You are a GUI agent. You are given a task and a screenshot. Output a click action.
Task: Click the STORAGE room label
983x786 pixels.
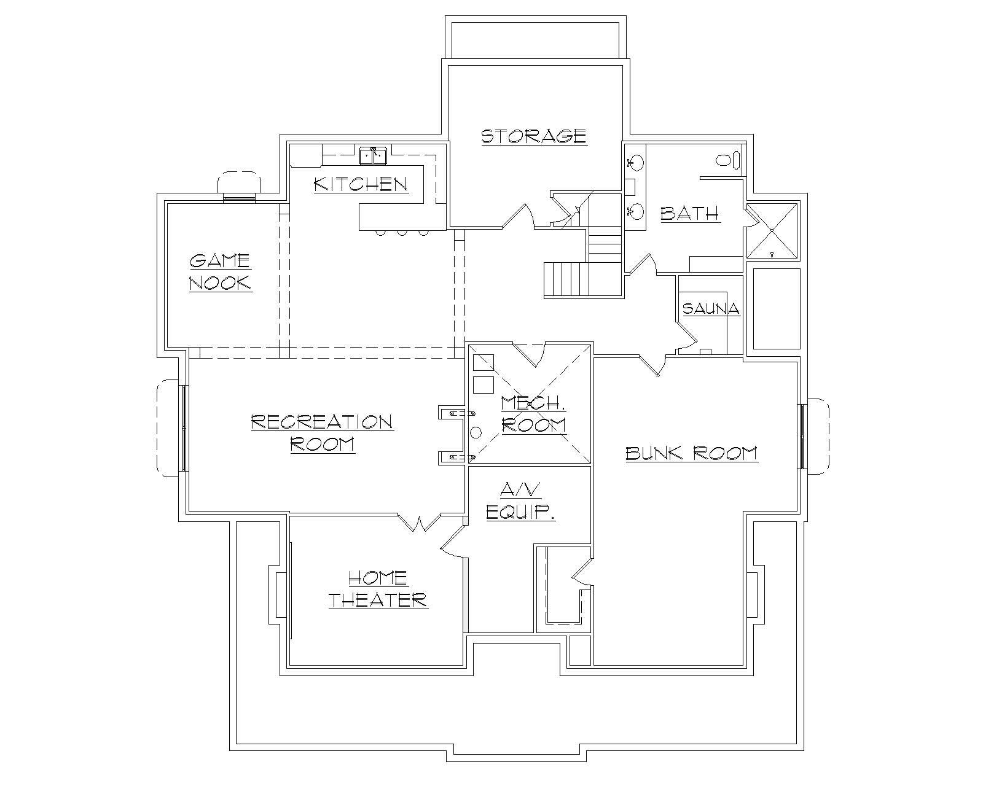click(x=533, y=136)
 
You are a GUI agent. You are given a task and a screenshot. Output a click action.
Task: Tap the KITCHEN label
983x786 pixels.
click(x=361, y=184)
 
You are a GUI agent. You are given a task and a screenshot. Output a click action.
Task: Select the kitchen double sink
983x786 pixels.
click(x=373, y=156)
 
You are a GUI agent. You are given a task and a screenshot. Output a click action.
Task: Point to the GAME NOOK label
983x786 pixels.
click(x=220, y=272)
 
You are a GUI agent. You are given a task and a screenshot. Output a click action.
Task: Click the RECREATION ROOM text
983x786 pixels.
click(x=323, y=432)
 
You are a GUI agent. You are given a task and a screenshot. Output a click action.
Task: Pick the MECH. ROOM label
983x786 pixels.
click(x=533, y=414)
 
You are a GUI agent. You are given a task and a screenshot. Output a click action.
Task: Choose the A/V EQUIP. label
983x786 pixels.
click(x=520, y=501)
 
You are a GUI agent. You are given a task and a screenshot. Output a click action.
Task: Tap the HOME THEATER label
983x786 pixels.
click(x=377, y=588)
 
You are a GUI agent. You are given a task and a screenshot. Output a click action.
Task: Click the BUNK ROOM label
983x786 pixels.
click(x=692, y=454)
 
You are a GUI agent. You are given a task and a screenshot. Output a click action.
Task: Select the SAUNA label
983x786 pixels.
click(x=711, y=308)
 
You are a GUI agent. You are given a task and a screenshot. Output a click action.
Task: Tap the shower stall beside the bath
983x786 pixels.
click(x=772, y=230)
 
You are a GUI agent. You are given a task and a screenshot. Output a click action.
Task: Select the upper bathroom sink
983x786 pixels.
click(x=635, y=163)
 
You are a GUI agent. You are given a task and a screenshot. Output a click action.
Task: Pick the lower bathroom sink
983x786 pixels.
click(x=635, y=212)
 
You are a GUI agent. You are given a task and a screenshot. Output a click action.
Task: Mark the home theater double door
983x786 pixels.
click(x=421, y=524)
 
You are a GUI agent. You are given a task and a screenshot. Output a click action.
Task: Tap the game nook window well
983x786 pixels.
click(x=239, y=184)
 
